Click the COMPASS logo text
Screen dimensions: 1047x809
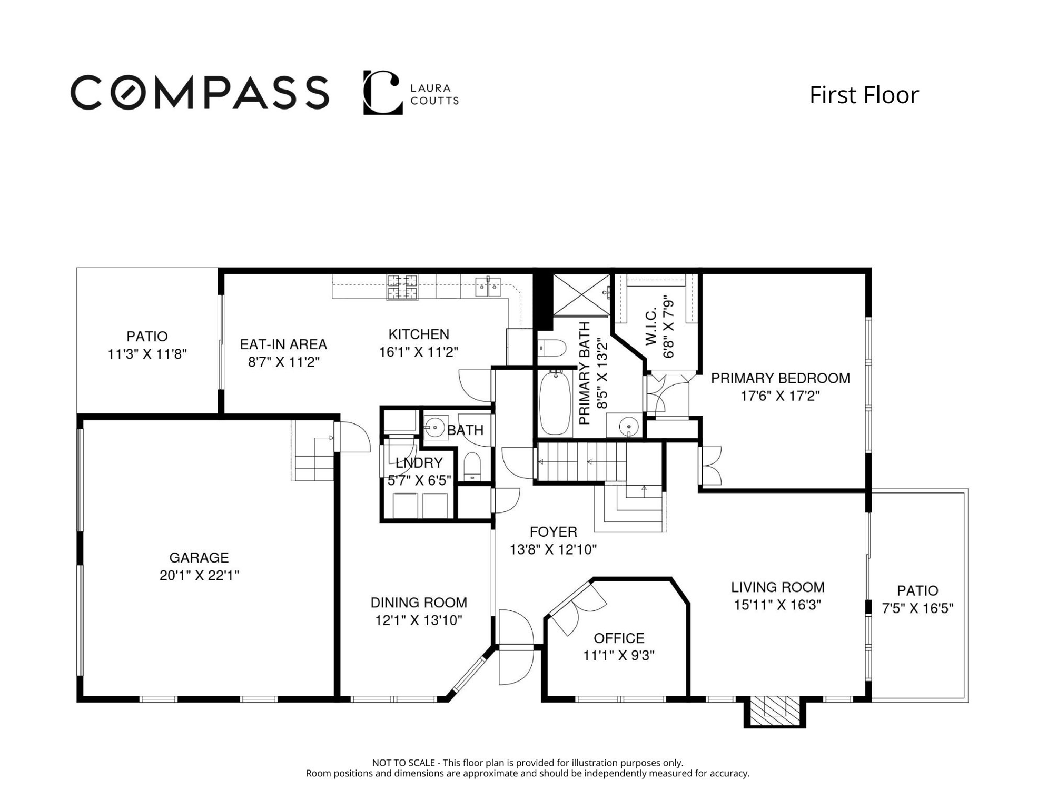pyautogui.click(x=200, y=93)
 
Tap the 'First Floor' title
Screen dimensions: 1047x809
pyautogui.click(x=864, y=95)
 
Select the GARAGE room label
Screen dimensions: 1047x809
pyautogui.click(x=199, y=557)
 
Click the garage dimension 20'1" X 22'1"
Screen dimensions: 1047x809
pyautogui.click(x=199, y=575)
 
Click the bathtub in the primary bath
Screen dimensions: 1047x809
pyautogui.click(x=555, y=403)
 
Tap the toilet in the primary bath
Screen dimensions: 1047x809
pyautogui.click(x=552, y=348)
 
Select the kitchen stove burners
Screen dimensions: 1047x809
pyautogui.click(x=402, y=287)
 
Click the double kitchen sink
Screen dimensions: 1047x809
pyautogui.click(x=488, y=287)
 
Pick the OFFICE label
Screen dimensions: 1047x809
pyautogui.click(x=619, y=638)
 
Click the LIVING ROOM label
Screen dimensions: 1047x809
pyautogui.click(x=777, y=587)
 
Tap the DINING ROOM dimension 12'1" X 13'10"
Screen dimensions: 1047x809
pyautogui.click(x=418, y=620)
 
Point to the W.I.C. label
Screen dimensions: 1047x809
pyautogui.click(x=651, y=327)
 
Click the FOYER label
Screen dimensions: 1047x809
pyautogui.click(x=553, y=531)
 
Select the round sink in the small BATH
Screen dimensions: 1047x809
pyautogui.click(x=435, y=427)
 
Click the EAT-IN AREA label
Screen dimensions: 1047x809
pyautogui.click(x=283, y=344)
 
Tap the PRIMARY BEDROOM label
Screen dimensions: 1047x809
pyautogui.click(x=781, y=378)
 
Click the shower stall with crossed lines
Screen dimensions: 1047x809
pyautogui.click(x=581, y=295)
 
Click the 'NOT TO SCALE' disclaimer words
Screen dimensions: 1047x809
pyautogui.click(x=403, y=763)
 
